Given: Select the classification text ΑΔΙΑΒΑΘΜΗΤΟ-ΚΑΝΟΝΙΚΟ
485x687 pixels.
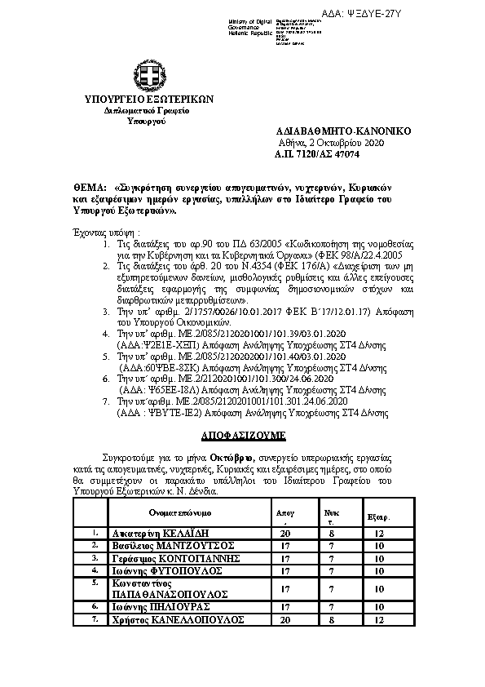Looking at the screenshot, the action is (x=343, y=131).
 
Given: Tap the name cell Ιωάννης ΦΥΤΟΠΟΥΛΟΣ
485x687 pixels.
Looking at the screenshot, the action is (x=161, y=570).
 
